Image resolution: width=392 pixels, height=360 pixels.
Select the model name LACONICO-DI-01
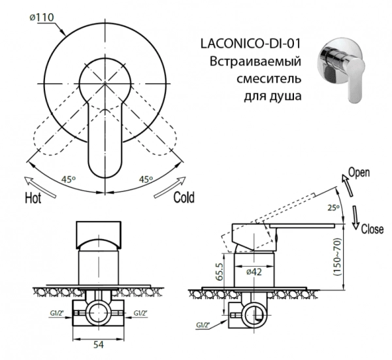point(249,44)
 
